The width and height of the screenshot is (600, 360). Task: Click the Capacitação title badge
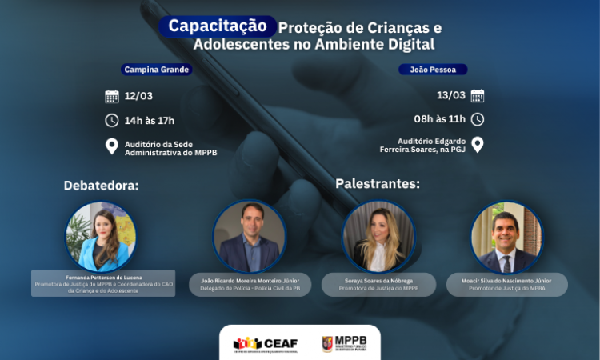(x=218, y=26)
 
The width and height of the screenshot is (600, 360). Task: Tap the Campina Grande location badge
(x=156, y=70)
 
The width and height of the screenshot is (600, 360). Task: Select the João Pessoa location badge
(x=432, y=70)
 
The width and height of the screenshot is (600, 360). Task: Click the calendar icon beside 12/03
(x=112, y=97)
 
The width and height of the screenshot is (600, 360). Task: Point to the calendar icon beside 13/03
(x=478, y=96)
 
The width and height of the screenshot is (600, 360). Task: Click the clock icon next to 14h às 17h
(x=112, y=121)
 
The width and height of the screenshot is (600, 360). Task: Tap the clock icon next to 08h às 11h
(x=478, y=119)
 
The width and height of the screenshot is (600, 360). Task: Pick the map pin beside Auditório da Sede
(x=112, y=146)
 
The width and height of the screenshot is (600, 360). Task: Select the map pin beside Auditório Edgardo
(x=478, y=145)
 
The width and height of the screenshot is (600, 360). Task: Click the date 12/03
(x=138, y=97)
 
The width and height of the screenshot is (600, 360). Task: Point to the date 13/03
(x=451, y=96)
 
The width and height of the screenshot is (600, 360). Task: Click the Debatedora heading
(x=102, y=186)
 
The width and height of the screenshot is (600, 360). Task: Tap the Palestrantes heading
(x=378, y=183)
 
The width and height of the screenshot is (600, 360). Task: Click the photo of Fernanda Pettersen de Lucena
(x=101, y=236)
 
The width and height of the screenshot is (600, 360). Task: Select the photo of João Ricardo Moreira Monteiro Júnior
(x=250, y=236)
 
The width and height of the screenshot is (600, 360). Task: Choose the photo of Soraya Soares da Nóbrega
(x=378, y=236)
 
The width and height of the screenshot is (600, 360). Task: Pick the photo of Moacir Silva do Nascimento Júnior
(x=507, y=236)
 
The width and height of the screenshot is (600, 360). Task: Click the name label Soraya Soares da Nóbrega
(x=378, y=280)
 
